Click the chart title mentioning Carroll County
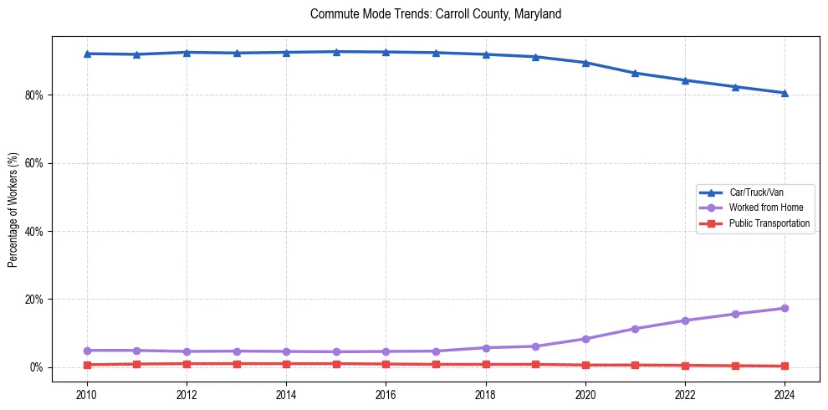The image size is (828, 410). point(435,14)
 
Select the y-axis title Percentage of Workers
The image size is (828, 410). point(13,210)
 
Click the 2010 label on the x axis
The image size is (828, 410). point(87,394)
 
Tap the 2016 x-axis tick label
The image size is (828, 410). point(386,394)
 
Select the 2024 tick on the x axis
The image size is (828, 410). point(785,394)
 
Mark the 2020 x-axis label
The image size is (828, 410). point(585,394)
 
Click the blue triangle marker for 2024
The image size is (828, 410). point(785,93)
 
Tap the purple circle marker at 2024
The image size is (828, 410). point(785,309)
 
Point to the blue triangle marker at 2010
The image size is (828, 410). point(87,54)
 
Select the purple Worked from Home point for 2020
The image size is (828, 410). point(585,339)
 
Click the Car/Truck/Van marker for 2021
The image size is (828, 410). point(636,73)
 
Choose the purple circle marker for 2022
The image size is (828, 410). point(685,320)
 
